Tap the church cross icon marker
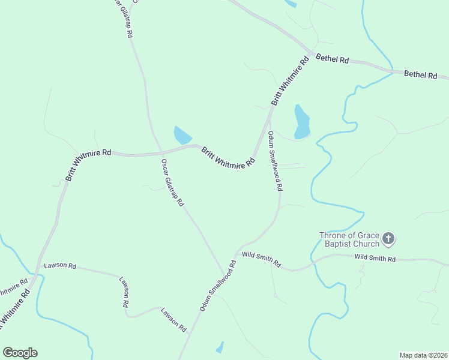pyautogui.click(x=388, y=239)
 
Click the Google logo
pyautogui.click(x=20, y=353)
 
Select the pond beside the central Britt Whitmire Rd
pyautogui.click(x=182, y=135)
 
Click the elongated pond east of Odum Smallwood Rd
pyautogui.click(x=301, y=121)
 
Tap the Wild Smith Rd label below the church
pyautogui.click(x=375, y=259)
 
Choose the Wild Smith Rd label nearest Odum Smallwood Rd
pyautogui.click(x=261, y=259)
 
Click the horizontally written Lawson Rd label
pyautogui.click(x=60, y=265)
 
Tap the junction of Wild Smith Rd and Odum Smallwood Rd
pyautogui.click(x=238, y=253)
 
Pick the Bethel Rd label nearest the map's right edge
pyautogui.click(x=420, y=74)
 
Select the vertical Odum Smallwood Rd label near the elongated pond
pyautogui.click(x=275, y=161)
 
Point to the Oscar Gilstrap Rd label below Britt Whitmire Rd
pyautogui.click(x=172, y=182)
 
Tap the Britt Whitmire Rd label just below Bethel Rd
pyautogui.click(x=289, y=81)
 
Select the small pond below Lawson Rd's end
pyautogui.click(x=220, y=347)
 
